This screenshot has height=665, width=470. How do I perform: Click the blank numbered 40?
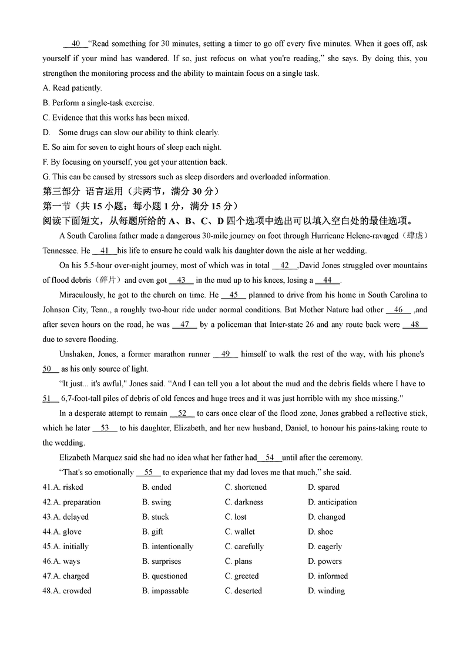click(x=75, y=44)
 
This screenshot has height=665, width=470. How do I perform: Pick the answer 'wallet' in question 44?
click(x=240, y=532)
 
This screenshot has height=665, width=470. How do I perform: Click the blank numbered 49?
click(x=226, y=354)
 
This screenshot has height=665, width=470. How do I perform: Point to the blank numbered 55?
click(x=149, y=472)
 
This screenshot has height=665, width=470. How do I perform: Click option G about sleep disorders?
click(x=186, y=177)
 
